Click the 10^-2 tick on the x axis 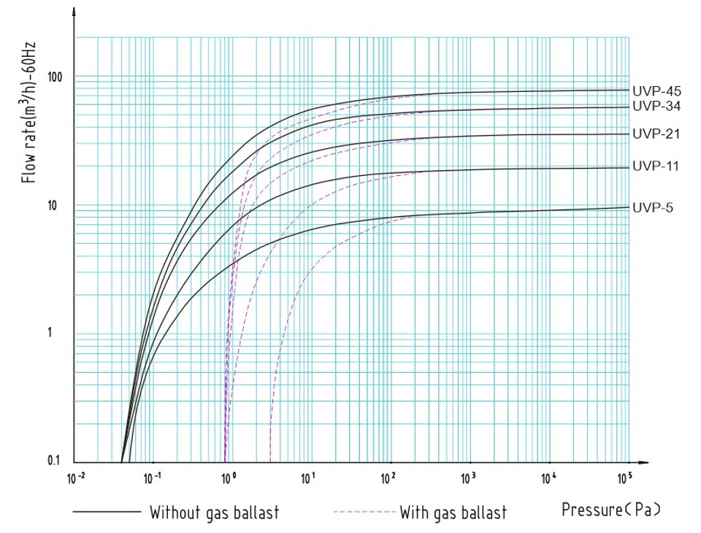(76, 478)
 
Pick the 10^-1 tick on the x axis (153, 478)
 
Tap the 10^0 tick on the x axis (231, 478)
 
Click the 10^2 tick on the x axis (388, 478)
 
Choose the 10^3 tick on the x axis (467, 478)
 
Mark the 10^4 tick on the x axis (547, 478)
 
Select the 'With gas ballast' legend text (453, 512)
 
